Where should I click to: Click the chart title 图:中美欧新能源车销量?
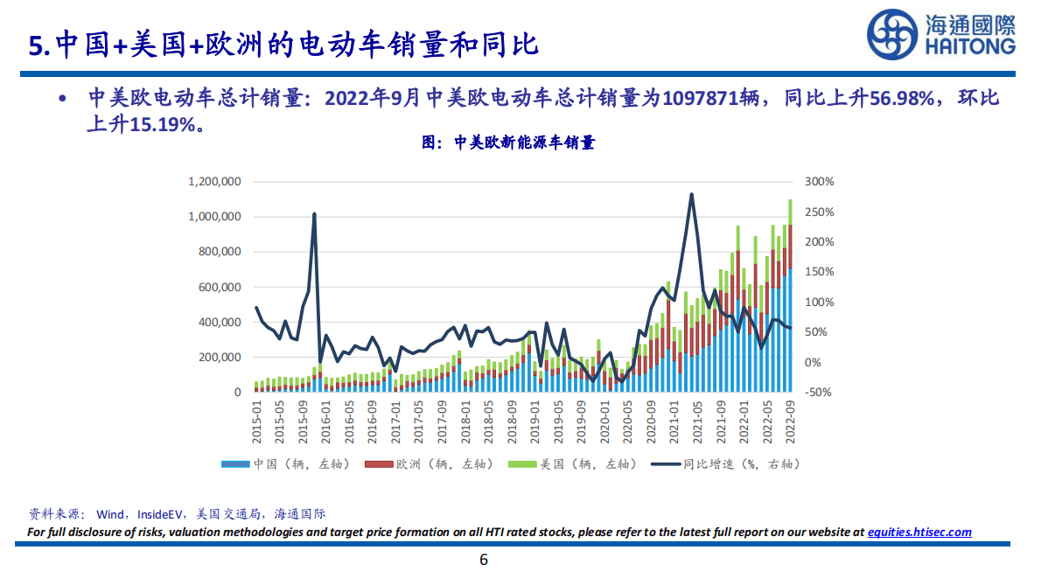508,143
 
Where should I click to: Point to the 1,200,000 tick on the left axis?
214,182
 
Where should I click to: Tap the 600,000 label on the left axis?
218,287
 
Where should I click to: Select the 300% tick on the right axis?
820,182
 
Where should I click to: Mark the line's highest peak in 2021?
692,194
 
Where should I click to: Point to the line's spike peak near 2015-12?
314,213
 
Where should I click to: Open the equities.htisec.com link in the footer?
919,532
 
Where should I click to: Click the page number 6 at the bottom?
483,561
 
